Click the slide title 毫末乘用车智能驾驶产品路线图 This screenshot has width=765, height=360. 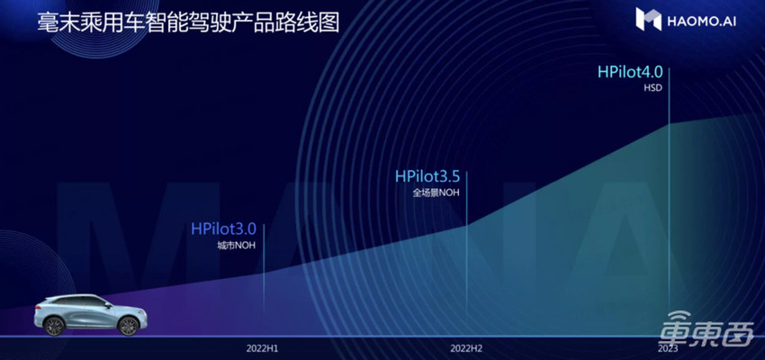pos(188,23)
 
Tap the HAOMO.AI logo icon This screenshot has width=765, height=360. pos(648,19)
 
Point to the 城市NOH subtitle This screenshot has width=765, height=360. pos(230,246)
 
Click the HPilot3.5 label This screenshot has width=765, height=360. pos(434,176)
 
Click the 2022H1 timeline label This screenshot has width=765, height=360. pos(263,346)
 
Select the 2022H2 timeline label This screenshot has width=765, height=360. pos(467,346)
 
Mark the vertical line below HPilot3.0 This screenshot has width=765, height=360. pos(264,288)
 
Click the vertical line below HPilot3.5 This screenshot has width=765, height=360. pos(467,261)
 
